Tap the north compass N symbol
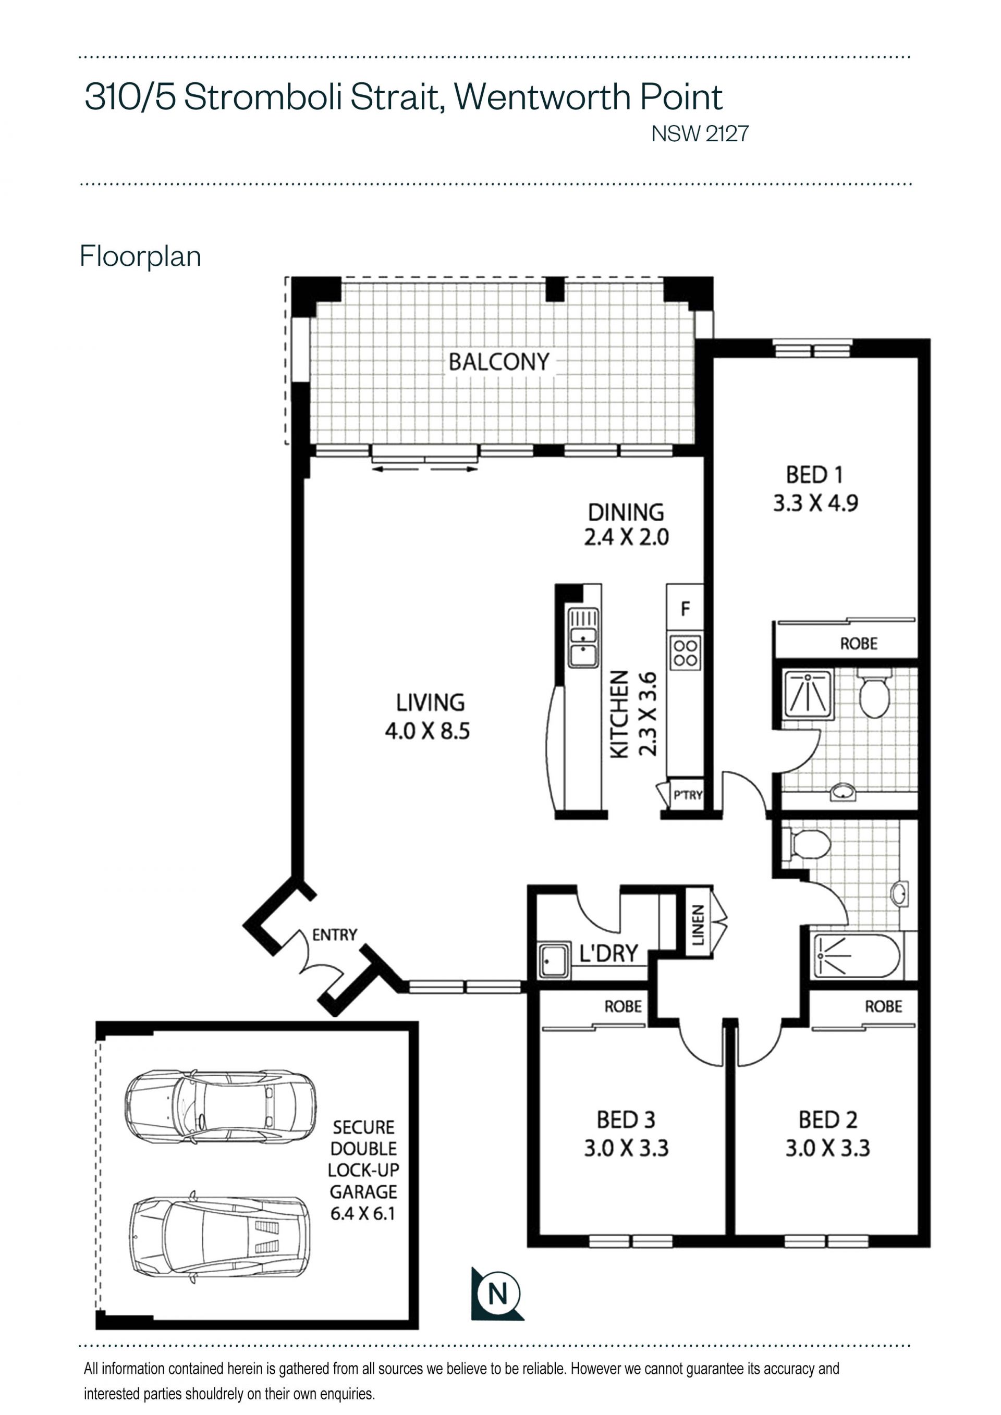497,1294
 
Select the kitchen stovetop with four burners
686,653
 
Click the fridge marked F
685,609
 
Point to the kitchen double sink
583,638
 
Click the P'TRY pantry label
688,795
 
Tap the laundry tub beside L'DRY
554,960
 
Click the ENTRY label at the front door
335,935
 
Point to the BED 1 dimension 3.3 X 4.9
815,503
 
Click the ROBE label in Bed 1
859,644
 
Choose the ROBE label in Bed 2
883,1006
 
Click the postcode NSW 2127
700,134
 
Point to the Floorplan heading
141,256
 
